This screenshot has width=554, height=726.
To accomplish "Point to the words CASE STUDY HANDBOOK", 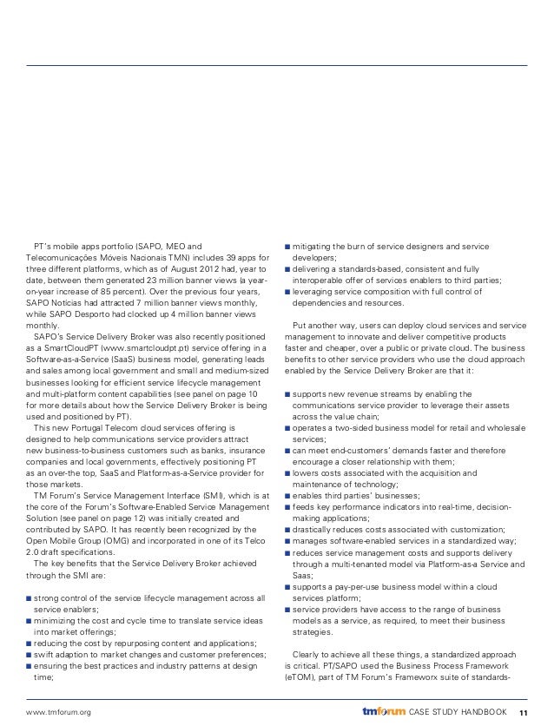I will [x=458, y=711].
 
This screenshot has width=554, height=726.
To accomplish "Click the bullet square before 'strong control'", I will [x=30, y=598].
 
